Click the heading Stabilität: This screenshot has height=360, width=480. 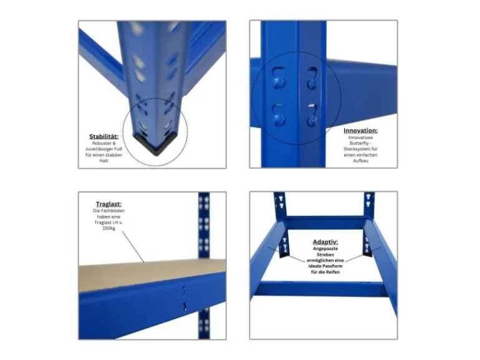tap(103, 136)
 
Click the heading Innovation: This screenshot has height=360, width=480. tap(360, 131)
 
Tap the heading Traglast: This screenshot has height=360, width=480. tap(108, 204)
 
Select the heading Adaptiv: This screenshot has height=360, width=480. tap(325, 242)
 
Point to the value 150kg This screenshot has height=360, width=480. tap(108, 228)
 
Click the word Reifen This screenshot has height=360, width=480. tap(333, 272)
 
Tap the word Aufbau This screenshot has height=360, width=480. tap(360, 161)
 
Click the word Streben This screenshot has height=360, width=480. tap(325, 255)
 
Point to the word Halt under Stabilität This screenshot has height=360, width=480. tap(103, 161)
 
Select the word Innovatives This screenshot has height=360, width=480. tap(360, 137)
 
